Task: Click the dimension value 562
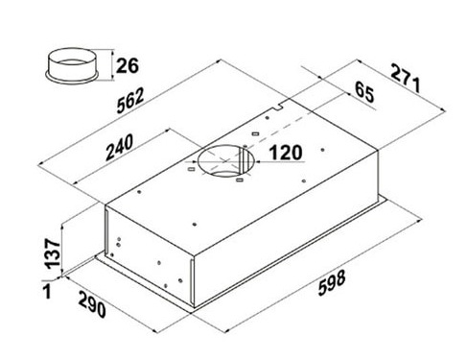click(x=130, y=101)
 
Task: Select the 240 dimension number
click(x=119, y=147)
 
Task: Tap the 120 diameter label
click(x=286, y=153)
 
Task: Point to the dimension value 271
click(x=406, y=78)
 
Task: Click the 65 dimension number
click(x=364, y=92)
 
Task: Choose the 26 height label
click(x=128, y=65)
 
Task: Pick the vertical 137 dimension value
click(x=52, y=253)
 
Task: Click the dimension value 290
click(x=92, y=303)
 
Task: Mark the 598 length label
click(x=332, y=282)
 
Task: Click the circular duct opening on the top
click(x=225, y=160)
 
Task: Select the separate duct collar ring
click(x=71, y=66)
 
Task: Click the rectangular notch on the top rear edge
click(x=278, y=107)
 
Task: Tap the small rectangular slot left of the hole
click(x=191, y=169)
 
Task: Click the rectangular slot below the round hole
click(x=240, y=180)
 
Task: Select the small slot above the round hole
click(x=255, y=133)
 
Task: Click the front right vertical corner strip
click(x=192, y=282)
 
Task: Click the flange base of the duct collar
click(x=71, y=79)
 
